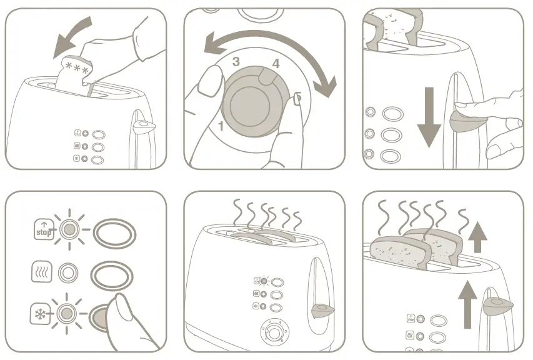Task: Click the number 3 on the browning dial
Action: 236,61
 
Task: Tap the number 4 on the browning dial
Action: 276,63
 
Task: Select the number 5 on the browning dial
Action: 298,97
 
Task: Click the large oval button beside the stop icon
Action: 113,231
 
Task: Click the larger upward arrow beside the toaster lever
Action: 467,304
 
